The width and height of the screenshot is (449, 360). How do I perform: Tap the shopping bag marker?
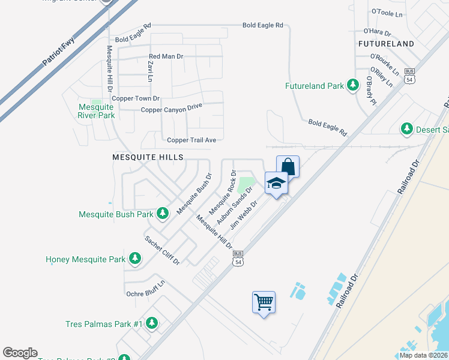point(288,166)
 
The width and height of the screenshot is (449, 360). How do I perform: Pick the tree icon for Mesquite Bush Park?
point(162,214)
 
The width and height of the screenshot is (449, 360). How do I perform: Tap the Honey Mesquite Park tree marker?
point(136,259)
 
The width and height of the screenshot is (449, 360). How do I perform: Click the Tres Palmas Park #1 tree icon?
point(151,324)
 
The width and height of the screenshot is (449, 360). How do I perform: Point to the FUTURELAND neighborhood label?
point(386,44)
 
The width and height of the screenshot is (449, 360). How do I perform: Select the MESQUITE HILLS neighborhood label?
point(147,157)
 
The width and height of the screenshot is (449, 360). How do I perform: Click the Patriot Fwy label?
point(59,53)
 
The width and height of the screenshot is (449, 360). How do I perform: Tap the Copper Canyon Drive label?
point(172,109)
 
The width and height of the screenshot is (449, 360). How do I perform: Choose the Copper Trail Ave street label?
point(191,140)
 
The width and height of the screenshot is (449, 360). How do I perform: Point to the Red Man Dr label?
point(166,56)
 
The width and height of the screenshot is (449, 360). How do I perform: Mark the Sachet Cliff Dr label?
point(162,251)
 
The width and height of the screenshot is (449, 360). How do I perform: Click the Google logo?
point(20,353)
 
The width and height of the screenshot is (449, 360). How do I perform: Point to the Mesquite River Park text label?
point(97,111)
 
